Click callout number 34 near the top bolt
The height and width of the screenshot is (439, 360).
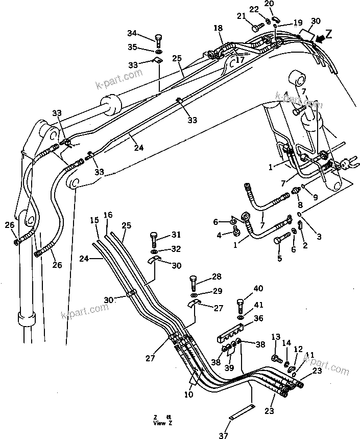[132, 34]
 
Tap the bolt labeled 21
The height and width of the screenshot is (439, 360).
[258, 23]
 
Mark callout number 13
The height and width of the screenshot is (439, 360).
[276, 337]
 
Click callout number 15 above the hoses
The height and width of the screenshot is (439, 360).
[94, 220]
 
